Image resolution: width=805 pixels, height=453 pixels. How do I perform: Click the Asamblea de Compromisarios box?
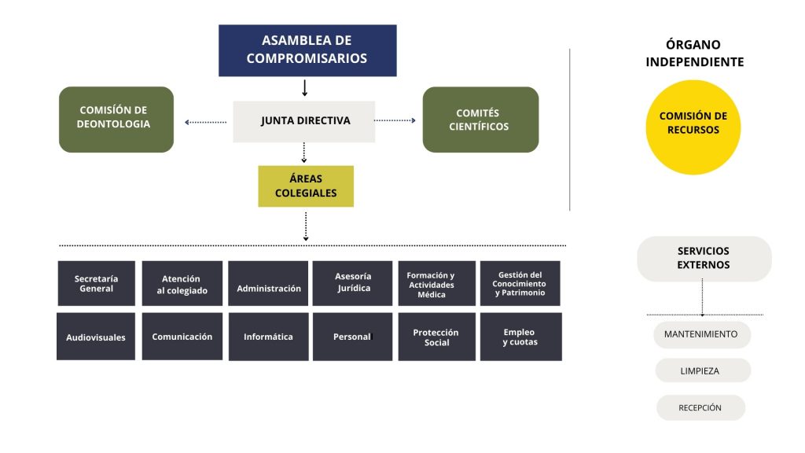coord(307,50)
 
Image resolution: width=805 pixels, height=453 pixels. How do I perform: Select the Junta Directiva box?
coord(304,121)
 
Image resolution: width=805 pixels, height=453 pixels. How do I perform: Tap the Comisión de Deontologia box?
coord(116,119)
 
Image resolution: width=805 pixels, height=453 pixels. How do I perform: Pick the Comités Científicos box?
coord(480,120)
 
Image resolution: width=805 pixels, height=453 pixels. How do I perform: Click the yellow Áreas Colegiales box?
coord(306,186)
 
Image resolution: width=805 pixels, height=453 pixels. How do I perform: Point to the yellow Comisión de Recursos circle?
coord(693,127)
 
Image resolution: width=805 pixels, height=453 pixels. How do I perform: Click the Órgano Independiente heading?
coord(694,53)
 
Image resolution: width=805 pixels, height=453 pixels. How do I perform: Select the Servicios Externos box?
coord(704,259)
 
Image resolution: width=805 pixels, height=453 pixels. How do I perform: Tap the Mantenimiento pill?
coord(701,334)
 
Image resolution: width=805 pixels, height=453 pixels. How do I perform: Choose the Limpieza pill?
coord(701,370)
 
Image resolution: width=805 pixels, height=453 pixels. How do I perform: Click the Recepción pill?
coord(700,407)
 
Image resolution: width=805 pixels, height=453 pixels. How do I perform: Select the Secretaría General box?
coord(96,283)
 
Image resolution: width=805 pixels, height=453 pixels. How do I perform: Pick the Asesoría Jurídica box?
coord(352,283)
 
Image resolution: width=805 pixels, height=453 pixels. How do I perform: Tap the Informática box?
coord(268,337)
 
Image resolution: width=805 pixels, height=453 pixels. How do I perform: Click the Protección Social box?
coord(436,337)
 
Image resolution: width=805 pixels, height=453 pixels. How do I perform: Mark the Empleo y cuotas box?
coord(520,337)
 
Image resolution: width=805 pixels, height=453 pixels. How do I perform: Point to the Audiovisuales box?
coord(96,337)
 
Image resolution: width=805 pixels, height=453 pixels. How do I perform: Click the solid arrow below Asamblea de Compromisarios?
coord(305,87)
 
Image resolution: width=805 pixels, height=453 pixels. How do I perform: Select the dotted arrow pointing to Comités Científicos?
coord(395,120)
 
